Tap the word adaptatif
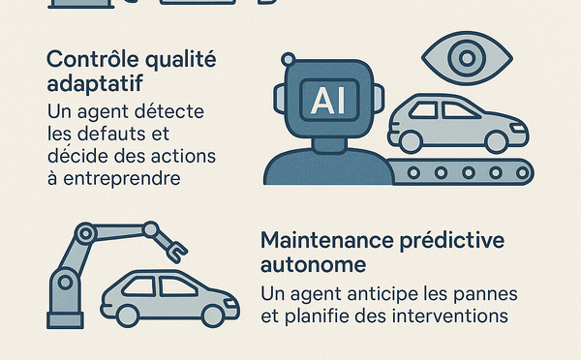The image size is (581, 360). pos(95,83)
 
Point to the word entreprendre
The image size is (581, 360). pos(122,178)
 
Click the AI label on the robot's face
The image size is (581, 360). pos(329,100)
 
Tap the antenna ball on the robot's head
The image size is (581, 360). pos(289,59)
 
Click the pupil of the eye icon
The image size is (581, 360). pos(467,58)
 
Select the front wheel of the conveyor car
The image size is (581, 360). pos(497,142)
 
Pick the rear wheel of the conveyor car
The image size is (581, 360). pos(411,142)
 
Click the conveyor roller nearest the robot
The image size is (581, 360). pos(413,172)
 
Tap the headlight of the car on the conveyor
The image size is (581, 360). pos(518,128)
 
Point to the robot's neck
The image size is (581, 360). pos(328,145)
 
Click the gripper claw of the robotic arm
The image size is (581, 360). pos(177,252)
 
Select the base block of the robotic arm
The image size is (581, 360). pos(65,320)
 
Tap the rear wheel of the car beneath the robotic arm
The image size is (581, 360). pos(128,315)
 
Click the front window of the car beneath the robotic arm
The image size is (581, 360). pos(178,287)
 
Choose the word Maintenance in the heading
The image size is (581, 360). pos(327,240)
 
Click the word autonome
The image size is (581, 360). pos(313,264)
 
